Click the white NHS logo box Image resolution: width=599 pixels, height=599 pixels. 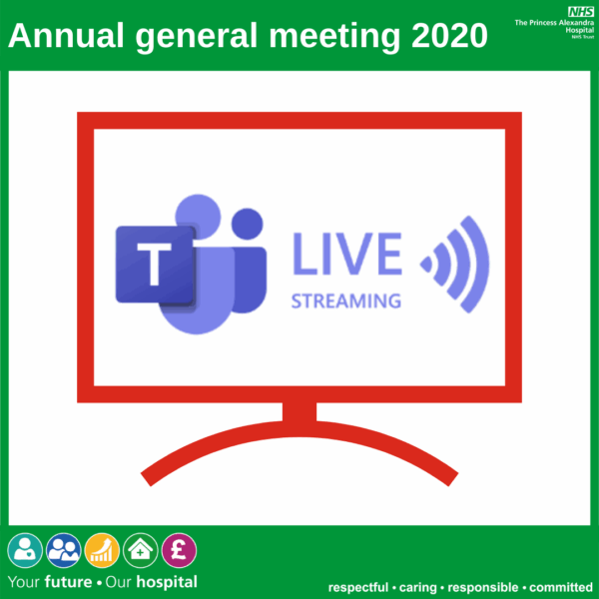click(x=580, y=11)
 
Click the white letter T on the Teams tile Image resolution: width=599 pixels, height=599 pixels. click(x=155, y=266)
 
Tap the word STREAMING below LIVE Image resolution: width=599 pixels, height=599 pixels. click(x=346, y=299)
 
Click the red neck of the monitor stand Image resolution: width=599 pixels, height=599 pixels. click(x=299, y=412)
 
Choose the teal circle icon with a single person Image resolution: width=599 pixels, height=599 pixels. click(x=26, y=550)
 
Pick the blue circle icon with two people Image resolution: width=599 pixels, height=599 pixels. click(x=64, y=550)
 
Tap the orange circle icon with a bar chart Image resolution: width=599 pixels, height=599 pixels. click(x=103, y=550)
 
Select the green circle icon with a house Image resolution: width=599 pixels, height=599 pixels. click(x=142, y=550)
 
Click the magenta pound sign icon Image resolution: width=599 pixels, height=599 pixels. click(x=180, y=550)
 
